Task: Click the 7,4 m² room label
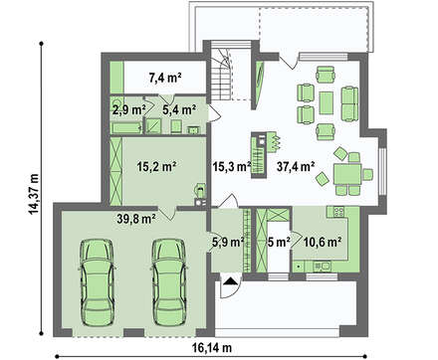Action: click(164, 78)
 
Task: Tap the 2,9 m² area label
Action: click(128, 109)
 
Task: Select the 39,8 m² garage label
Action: click(136, 219)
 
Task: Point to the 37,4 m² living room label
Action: click(296, 167)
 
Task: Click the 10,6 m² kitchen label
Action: click(323, 242)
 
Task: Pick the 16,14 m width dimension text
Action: click(212, 348)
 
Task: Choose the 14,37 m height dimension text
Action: click(33, 194)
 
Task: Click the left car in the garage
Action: click(97, 282)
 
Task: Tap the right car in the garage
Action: click(169, 282)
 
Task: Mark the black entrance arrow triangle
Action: click(230, 281)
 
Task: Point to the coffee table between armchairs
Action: click(327, 102)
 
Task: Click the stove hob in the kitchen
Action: click(338, 212)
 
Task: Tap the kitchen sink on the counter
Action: click(322, 266)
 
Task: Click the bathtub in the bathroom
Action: click(126, 128)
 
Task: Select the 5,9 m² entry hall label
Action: click(228, 242)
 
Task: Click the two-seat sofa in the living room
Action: click(349, 103)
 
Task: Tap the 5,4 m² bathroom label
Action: click(179, 109)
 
